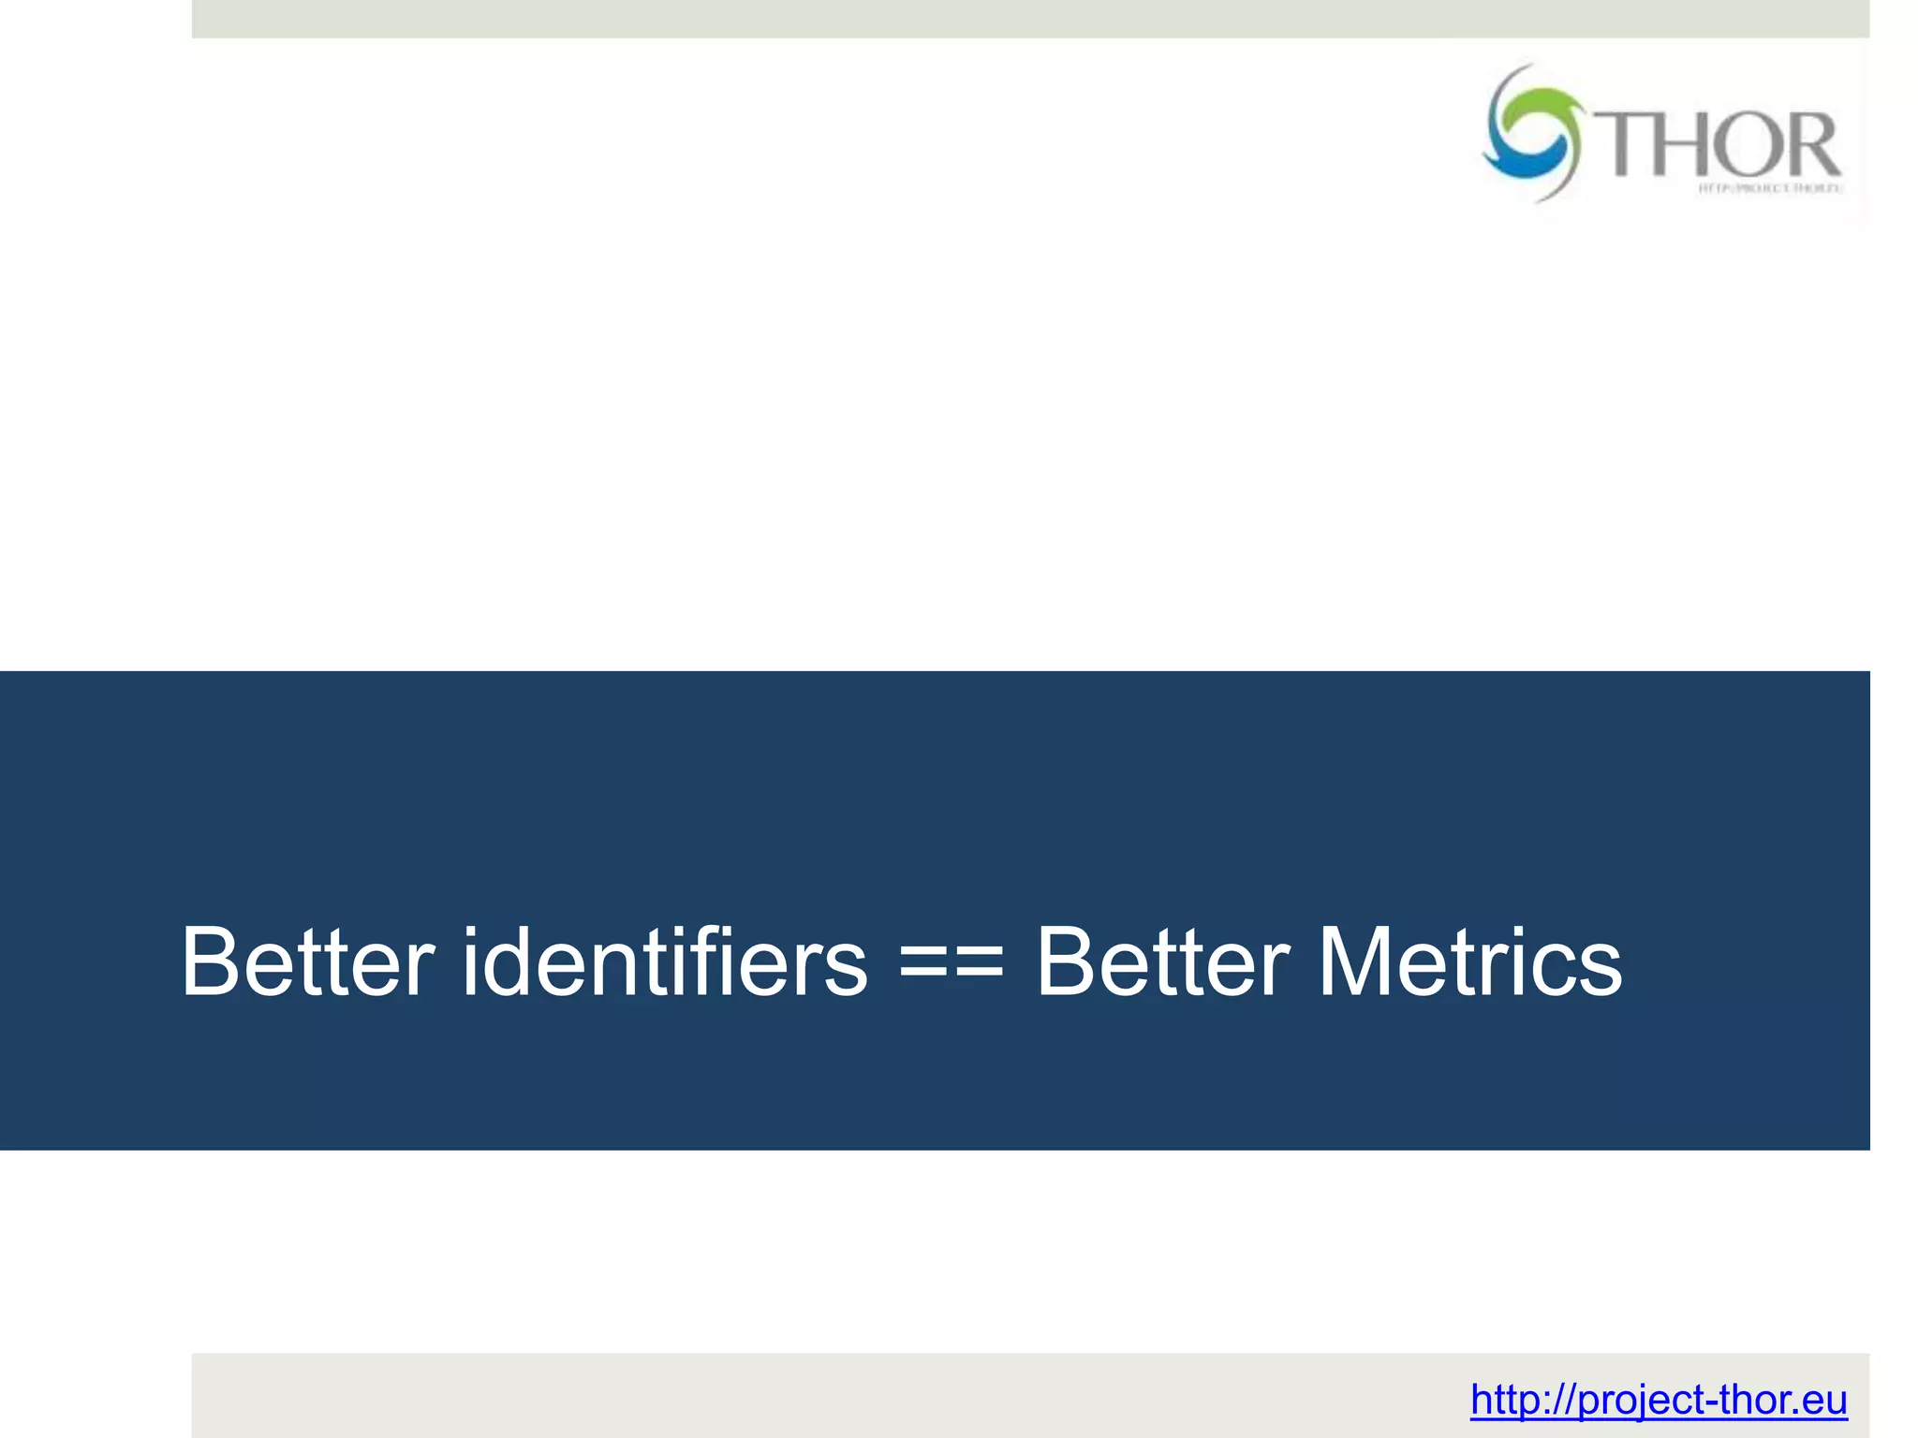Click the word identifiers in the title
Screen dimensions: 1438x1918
click(x=665, y=962)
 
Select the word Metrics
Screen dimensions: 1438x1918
click(x=1469, y=962)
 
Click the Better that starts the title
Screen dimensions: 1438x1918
click(x=308, y=962)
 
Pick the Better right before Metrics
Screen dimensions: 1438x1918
click(x=1162, y=962)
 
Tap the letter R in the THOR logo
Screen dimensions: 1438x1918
click(x=1809, y=145)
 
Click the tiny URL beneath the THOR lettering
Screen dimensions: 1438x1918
click(x=1770, y=188)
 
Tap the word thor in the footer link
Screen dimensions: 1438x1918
click(x=1747, y=1401)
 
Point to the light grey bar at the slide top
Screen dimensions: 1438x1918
click(x=1030, y=19)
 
